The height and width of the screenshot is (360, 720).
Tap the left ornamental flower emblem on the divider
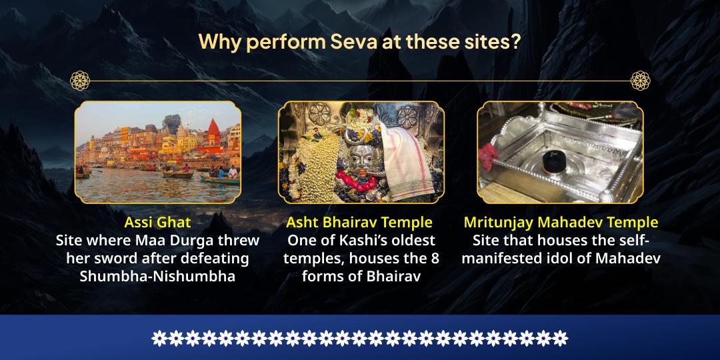[80, 81]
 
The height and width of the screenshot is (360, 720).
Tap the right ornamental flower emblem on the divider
[640, 81]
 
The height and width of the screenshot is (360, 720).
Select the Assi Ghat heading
[157, 222]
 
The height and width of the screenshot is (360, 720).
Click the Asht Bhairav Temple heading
[359, 222]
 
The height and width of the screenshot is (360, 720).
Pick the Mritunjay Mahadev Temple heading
[561, 222]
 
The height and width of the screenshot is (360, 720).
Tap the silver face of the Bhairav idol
[357, 157]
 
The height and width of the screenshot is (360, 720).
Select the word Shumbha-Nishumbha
[157, 276]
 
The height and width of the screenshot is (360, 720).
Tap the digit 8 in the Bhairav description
[434, 258]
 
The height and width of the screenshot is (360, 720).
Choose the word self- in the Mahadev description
[633, 240]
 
